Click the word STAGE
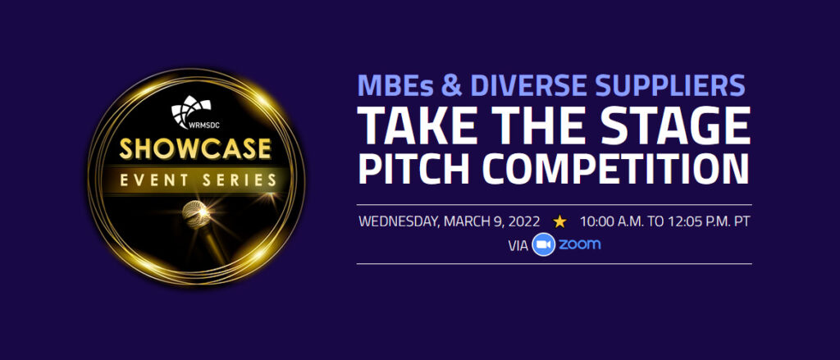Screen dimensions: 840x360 coord(683,127)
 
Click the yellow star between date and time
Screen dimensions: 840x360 coord(559,221)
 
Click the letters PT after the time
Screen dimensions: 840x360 coord(742,221)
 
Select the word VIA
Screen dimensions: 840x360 coord(518,246)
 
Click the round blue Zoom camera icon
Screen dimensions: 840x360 coord(543,245)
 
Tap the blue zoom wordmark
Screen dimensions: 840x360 coord(580,245)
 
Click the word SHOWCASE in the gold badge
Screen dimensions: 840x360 coord(195,149)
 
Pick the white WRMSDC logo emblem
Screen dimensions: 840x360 coord(190,112)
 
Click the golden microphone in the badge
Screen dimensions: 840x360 coord(196,215)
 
